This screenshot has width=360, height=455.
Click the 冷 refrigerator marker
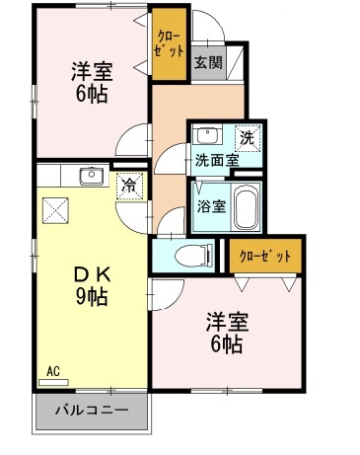128,185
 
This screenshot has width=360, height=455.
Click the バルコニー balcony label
91,409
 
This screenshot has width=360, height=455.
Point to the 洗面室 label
215,159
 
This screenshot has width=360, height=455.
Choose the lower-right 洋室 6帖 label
226,333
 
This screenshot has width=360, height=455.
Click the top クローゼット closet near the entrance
169,46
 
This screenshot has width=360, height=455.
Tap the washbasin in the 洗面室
207,136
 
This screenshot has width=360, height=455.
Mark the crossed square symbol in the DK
55,209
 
